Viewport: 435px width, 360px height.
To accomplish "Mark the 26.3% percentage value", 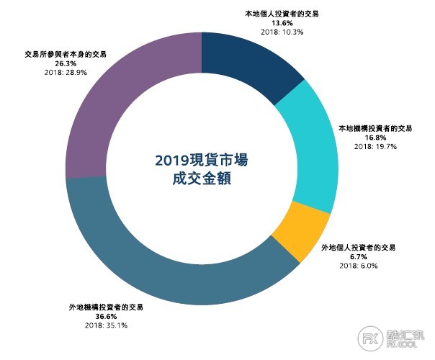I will pos(55,63).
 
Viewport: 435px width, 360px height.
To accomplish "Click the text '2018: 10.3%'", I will pos(277,32).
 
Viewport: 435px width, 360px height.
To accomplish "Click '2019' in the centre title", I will pos(174,159).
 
